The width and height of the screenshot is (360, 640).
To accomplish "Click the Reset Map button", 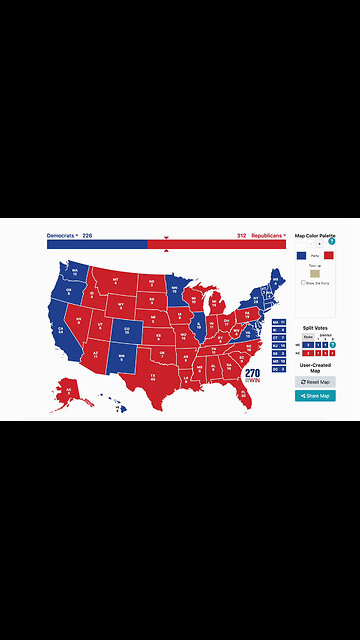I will tap(315, 382).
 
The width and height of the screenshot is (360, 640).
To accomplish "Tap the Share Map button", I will tap(315, 396).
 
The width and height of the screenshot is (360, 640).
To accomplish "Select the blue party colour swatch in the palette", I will tap(302, 255).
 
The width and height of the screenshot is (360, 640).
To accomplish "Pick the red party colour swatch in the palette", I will tap(328, 255).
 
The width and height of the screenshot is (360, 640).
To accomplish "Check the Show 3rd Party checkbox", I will tap(303, 283).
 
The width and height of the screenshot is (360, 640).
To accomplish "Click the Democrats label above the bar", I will tap(61, 236).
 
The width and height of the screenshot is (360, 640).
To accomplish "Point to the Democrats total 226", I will tap(88, 236).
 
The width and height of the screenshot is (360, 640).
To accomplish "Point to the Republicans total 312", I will tap(241, 236).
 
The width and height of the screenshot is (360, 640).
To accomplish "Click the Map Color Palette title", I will tap(315, 236).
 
